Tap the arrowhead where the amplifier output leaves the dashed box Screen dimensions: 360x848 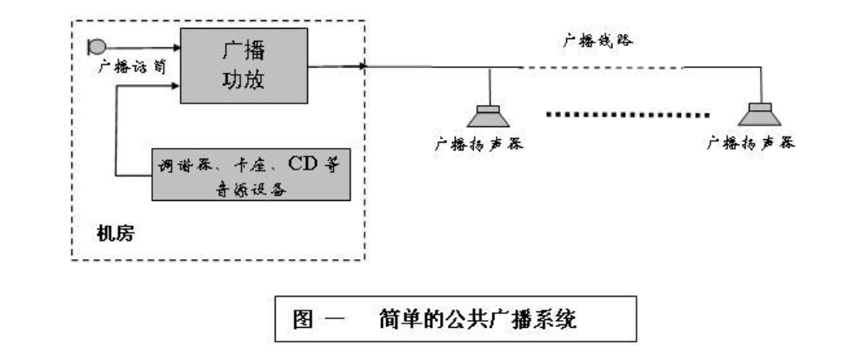click(x=364, y=65)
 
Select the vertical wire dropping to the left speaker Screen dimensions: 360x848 click(x=493, y=84)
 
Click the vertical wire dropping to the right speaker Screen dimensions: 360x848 click(x=765, y=84)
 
